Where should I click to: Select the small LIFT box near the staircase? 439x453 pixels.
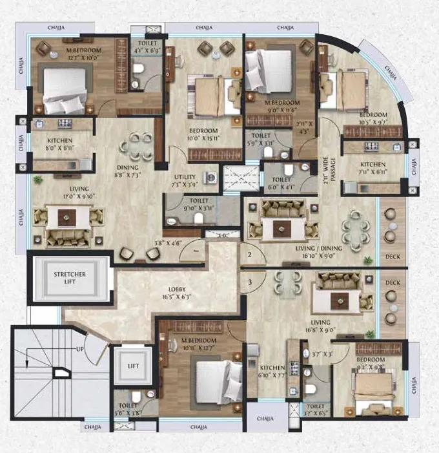click(x=133, y=366)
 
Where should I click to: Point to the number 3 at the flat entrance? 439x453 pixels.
click(x=249, y=282)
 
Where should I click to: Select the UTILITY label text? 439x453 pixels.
click(x=185, y=176)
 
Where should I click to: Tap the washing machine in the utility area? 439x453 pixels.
click(x=210, y=177)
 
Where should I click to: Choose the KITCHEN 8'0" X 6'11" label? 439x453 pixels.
click(x=59, y=144)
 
